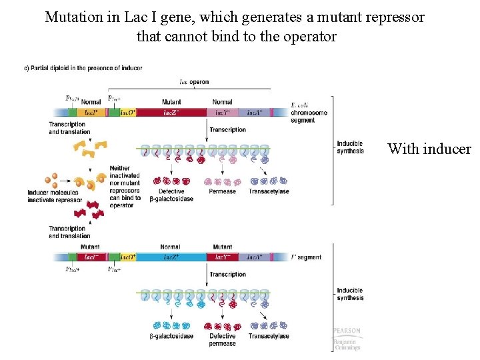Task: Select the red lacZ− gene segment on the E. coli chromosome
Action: click(171, 113)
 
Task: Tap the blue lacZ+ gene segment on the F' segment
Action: click(170, 257)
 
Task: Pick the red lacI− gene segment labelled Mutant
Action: click(90, 257)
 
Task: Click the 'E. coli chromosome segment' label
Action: click(309, 113)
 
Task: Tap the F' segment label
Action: click(306, 257)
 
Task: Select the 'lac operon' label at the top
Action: click(194, 82)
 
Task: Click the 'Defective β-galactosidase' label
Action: click(171, 195)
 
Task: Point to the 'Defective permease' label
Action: click(222, 340)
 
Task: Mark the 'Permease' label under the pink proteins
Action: click(222, 191)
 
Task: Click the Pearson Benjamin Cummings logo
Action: click(347, 339)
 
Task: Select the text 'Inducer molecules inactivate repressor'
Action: click(55, 197)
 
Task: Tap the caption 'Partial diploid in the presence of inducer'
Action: click(83, 68)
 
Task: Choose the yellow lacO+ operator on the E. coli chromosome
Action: click(127, 113)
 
